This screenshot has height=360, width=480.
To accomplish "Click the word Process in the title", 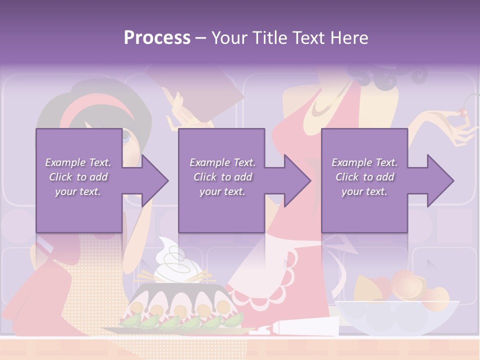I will (157, 38).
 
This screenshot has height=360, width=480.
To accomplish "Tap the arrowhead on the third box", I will (439, 180).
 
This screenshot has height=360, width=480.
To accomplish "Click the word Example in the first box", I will (65, 162).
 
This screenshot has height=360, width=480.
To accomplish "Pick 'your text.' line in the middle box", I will (221, 191).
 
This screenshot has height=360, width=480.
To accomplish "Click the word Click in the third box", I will (346, 177).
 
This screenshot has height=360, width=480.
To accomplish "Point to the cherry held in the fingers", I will (464, 112).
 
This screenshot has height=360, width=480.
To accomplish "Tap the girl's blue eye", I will (125, 135).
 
